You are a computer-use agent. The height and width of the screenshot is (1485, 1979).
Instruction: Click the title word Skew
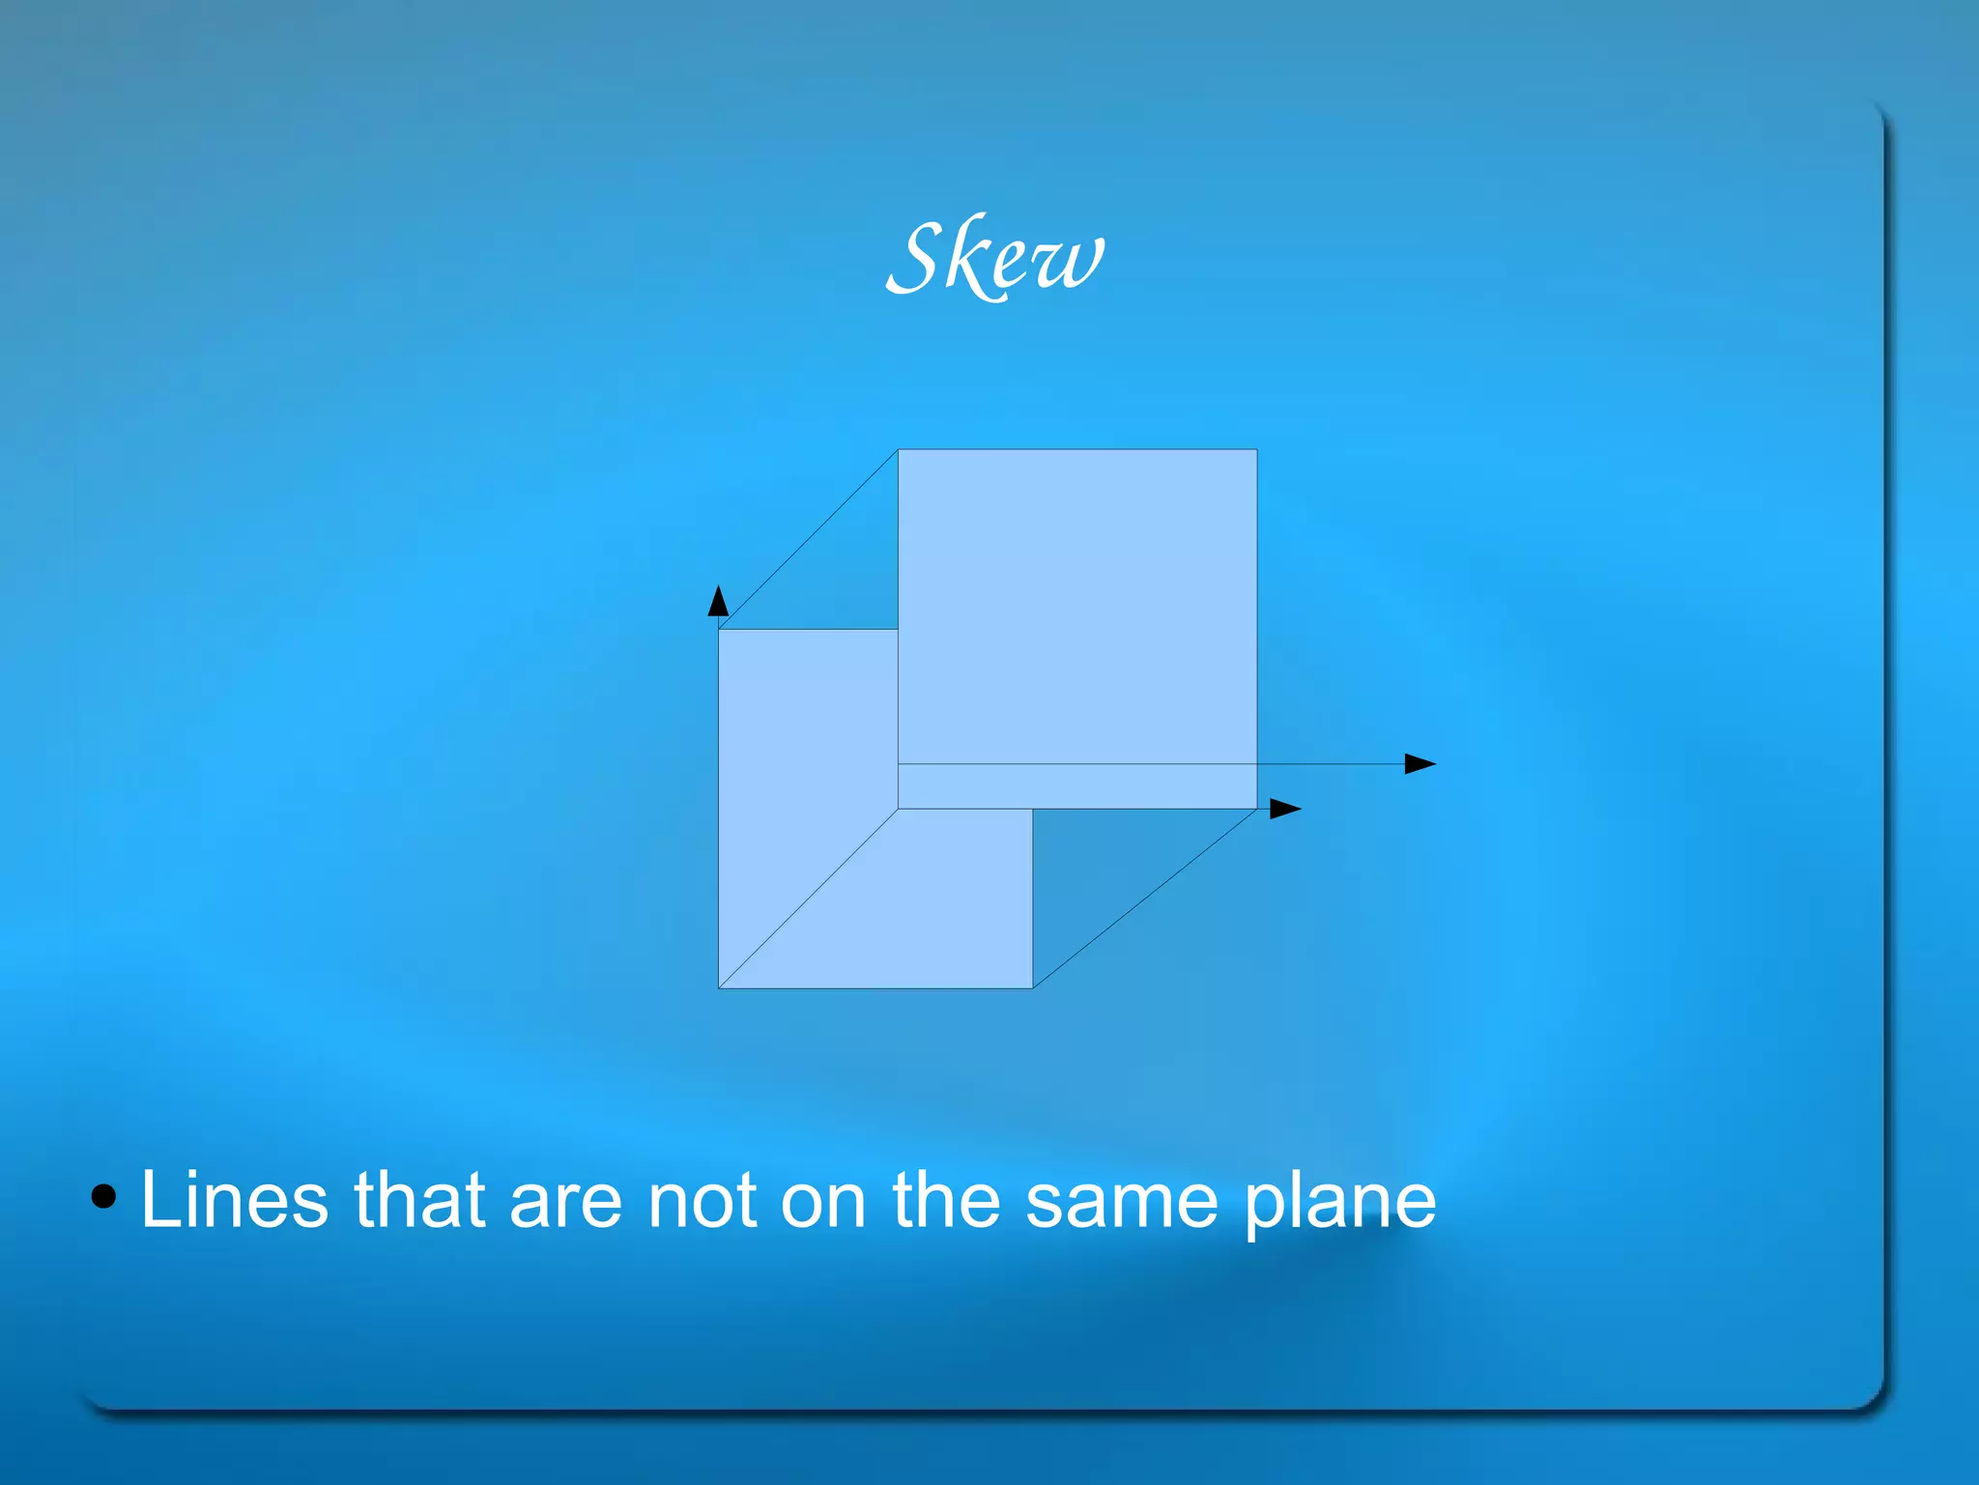[995, 257]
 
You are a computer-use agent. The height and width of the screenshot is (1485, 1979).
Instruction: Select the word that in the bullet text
[418, 1201]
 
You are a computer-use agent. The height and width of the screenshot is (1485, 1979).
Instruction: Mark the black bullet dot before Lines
[103, 1198]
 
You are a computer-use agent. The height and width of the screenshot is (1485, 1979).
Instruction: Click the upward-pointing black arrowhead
[718, 601]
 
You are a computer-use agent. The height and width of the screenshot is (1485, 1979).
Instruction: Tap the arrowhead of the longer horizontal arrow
[1420, 764]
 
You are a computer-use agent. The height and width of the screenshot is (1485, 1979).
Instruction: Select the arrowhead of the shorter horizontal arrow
[1284, 809]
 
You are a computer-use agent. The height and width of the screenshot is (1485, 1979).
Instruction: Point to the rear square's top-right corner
[1257, 449]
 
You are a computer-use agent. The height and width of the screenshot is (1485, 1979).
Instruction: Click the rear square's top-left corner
[899, 449]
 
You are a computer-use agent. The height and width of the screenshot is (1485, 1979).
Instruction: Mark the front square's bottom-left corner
[719, 988]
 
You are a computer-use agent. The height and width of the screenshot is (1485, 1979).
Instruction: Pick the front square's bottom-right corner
[1033, 988]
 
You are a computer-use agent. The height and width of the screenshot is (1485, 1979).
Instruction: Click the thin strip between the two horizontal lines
[1077, 786]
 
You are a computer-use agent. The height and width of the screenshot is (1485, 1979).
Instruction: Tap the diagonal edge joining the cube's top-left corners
[808, 539]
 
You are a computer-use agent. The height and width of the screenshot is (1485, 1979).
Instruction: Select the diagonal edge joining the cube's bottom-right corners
[1145, 899]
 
